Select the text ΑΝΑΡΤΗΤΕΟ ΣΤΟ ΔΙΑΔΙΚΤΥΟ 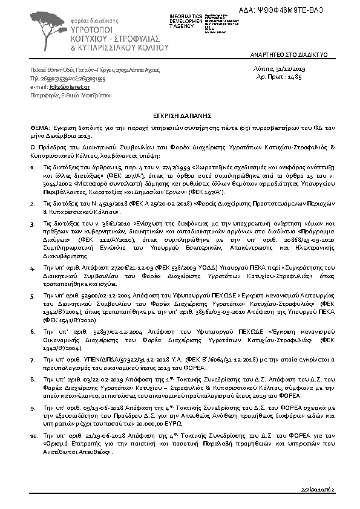(x=289, y=55)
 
